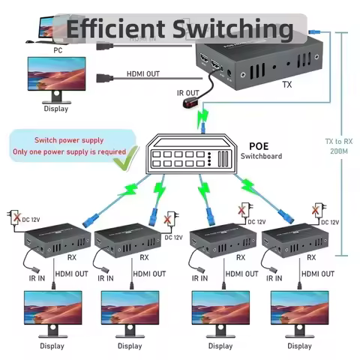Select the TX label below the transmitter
click(286, 85)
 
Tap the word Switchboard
click(262, 156)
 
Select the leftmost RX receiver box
click(57, 242)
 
